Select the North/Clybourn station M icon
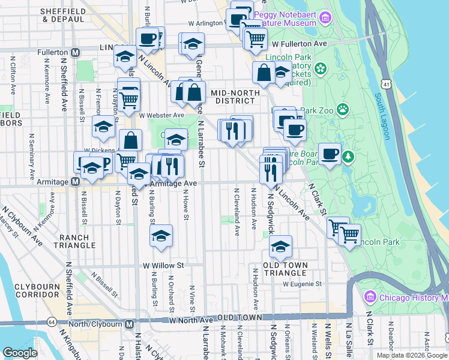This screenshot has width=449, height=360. [x=129, y=325]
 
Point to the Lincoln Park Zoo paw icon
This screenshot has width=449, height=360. [x=342, y=109]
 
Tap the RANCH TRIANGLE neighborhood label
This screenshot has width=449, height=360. [x=74, y=241]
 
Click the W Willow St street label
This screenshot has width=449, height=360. [x=163, y=265]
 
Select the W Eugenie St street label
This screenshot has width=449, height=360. [x=303, y=284]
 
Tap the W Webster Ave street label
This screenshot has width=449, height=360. [x=161, y=115]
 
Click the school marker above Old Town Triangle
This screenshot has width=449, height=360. [x=280, y=246]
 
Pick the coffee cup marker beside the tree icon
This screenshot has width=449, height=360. [x=330, y=154]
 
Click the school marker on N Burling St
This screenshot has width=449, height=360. [x=161, y=236]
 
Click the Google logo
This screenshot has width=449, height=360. [x=20, y=353]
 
